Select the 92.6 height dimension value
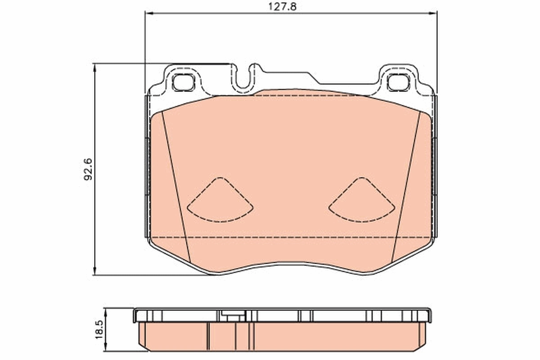[x=88, y=169]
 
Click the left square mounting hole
[x=182, y=82]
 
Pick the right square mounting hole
[x=396, y=82]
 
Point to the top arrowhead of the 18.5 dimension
[x=106, y=310]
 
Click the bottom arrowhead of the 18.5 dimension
[x=106, y=349]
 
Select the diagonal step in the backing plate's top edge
[x=314, y=77]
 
